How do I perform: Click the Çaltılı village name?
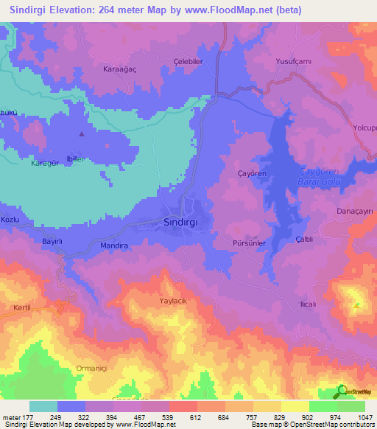305,240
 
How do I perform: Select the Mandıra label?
113,245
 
